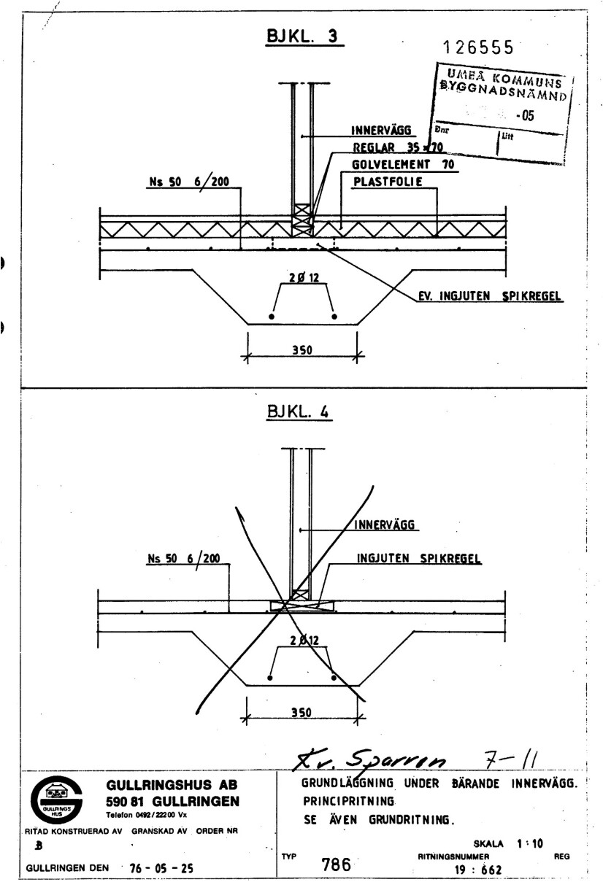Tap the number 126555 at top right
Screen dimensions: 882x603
coord(479,47)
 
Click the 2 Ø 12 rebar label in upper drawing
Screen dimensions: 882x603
coord(302,278)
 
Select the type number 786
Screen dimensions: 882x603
coord(336,864)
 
